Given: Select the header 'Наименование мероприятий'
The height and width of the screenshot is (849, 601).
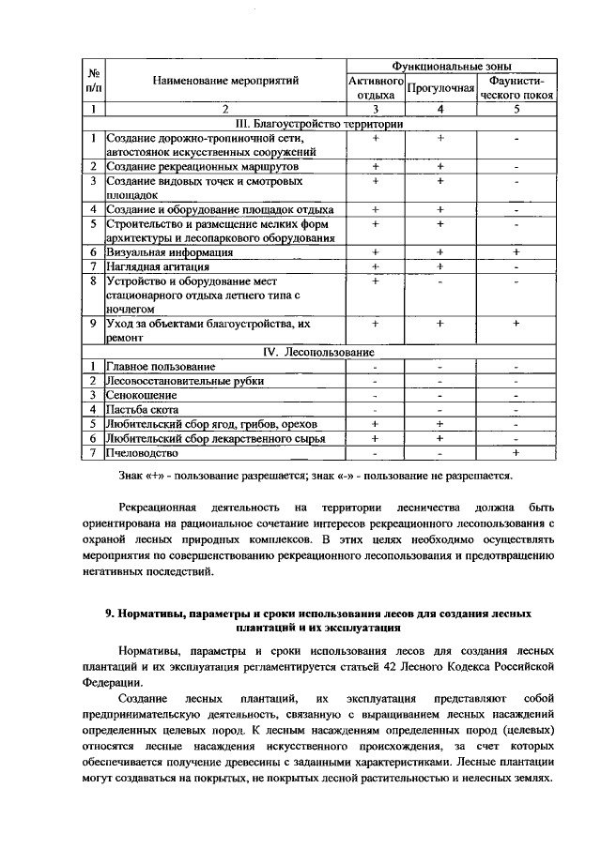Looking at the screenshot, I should pyautogui.click(x=225, y=81).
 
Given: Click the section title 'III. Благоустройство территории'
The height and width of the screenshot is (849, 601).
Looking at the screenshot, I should pyautogui.click(x=311, y=124).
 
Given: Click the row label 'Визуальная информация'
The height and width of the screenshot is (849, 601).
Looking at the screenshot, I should pyautogui.click(x=170, y=252).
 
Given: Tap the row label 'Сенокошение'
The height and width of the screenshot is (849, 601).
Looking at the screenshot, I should pyautogui.click(x=141, y=395).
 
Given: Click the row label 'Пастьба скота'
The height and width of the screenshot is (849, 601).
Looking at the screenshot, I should pyautogui.click(x=145, y=409).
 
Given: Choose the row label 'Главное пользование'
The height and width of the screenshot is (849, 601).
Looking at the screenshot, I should pyautogui.click(x=161, y=366).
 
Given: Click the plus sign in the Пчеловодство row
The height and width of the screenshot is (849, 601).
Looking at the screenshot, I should pyautogui.click(x=516, y=452).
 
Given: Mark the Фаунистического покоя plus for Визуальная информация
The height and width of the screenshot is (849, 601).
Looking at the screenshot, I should pyautogui.click(x=516, y=252).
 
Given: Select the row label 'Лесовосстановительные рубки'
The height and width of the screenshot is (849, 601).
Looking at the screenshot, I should pyautogui.click(x=184, y=381).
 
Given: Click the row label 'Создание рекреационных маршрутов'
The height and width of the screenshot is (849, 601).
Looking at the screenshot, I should pyautogui.click(x=194, y=167).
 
